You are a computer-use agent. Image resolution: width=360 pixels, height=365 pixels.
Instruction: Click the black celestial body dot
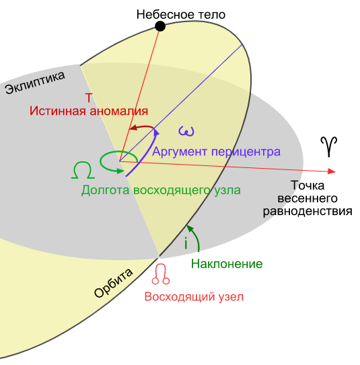click(160, 26)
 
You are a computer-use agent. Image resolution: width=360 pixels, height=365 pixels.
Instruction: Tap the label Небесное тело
click(180, 13)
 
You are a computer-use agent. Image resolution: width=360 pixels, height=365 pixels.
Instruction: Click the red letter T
click(89, 96)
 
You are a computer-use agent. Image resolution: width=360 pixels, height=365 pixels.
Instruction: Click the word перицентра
click(245, 152)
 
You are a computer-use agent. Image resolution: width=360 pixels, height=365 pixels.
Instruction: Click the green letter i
click(185, 244)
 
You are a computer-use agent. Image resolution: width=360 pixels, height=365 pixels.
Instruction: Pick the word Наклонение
click(227, 263)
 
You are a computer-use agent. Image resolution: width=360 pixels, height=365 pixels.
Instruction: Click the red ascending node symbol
click(161, 273)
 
